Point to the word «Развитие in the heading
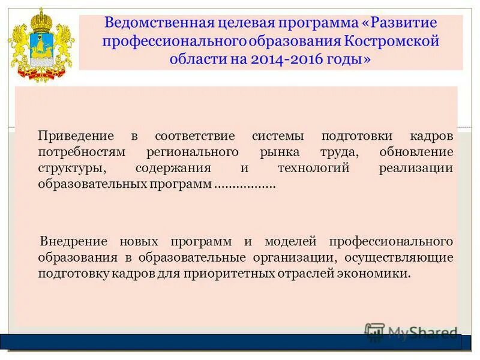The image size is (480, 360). [x=401, y=25]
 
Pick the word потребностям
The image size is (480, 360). [x=73, y=152]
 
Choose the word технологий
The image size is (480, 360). [x=313, y=168]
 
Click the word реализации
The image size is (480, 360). [x=416, y=168]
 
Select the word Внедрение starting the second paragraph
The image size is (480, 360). [x=74, y=241]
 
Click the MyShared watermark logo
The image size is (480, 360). [x=411, y=332]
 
